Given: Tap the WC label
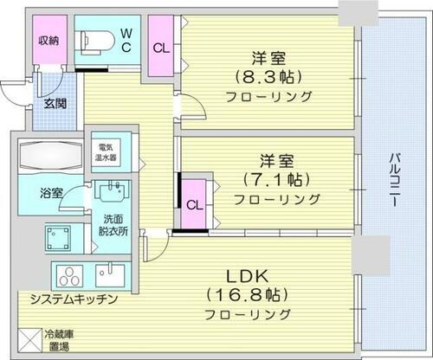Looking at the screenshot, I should [x=126, y=40].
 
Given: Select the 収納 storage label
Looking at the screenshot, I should [x=48, y=40].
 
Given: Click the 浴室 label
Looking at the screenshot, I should [x=50, y=194].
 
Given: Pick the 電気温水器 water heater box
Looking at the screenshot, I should [x=109, y=154].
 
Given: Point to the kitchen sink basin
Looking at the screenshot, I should [x=110, y=275].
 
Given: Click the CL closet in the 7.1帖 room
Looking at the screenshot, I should [x=195, y=206].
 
